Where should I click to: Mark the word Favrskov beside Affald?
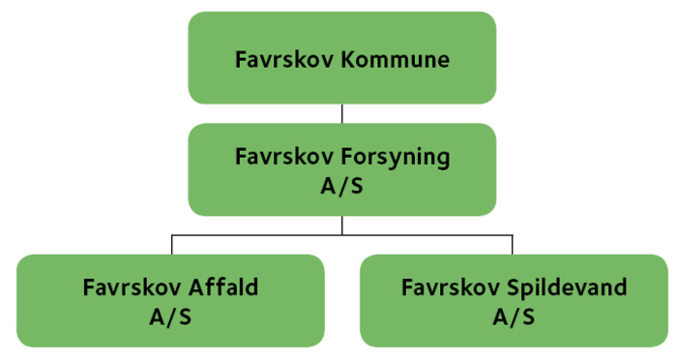(x=128, y=287)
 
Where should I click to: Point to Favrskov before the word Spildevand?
(x=446, y=287)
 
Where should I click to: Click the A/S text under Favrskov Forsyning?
(x=341, y=184)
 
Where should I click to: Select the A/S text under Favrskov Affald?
(x=170, y=315)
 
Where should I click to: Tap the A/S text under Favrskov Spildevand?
(x=513, y=315)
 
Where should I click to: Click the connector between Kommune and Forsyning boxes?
(x=341, y=113)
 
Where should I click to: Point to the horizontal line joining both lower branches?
(x=426, y=234)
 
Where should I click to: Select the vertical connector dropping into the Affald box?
(x=171, y=244)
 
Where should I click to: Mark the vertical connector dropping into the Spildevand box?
(x=513, y=244)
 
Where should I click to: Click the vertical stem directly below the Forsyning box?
(x=341, y=225)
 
